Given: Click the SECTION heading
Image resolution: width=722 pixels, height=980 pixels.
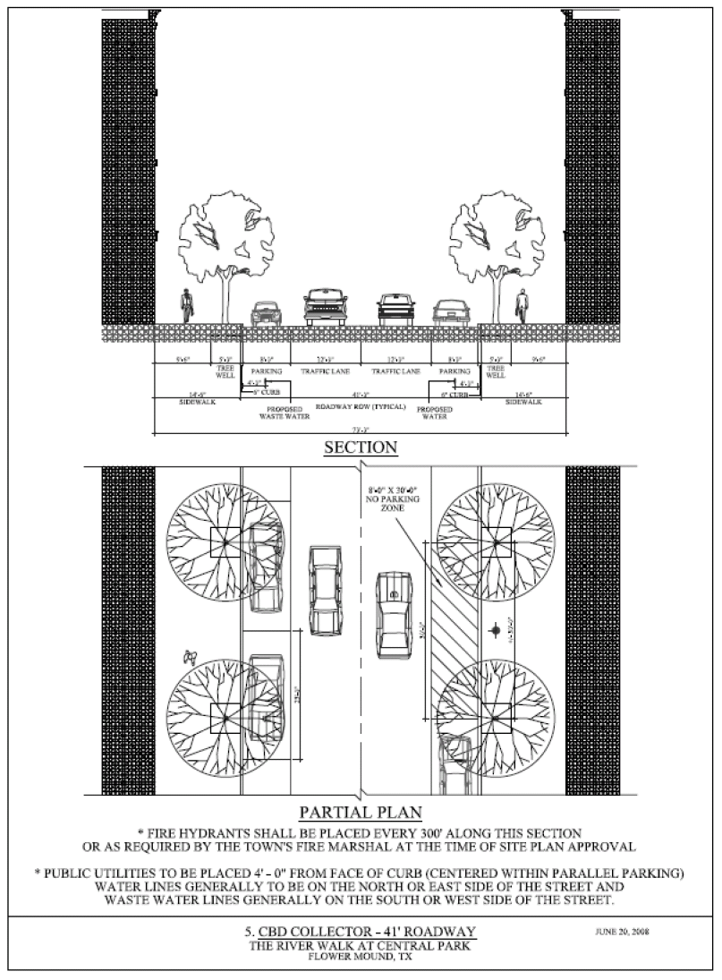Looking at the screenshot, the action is click(x=360, y=447).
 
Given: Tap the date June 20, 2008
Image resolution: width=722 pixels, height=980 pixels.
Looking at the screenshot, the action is click(x=622, y=932).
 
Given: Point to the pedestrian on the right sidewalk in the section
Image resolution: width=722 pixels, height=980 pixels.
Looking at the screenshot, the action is click(x=521, y=307).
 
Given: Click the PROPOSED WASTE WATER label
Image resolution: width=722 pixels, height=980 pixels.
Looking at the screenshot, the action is click(x=284, y=413).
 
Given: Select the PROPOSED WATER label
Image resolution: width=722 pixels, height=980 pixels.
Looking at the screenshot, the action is click(x=434, y=413).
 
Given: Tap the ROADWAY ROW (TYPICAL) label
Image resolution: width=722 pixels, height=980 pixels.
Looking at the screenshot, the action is click(x=361, y=405).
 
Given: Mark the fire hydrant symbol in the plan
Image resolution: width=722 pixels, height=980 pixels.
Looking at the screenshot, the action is click(x=496, y=631).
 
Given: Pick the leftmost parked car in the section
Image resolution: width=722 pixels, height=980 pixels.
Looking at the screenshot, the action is click(x=266, y=312).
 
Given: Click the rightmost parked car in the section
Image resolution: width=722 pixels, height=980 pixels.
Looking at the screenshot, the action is click(x=452, y=312).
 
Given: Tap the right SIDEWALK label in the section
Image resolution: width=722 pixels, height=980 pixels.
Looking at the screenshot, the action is click(x=523, y=402).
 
